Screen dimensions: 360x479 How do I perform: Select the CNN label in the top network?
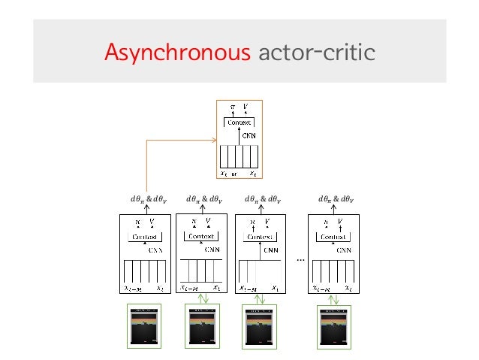(248, 135)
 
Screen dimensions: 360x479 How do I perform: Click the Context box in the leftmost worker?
(145, 237)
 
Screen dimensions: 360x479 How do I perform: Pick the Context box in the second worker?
(201, 236)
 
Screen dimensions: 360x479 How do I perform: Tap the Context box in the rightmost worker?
(335, 237)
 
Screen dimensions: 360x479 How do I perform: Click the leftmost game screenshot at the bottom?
(145, 326)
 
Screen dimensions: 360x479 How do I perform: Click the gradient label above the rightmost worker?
(335, 200)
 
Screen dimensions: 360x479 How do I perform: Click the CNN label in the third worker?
(273, 249)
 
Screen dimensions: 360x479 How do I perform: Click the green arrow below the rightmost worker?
(335, 299)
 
